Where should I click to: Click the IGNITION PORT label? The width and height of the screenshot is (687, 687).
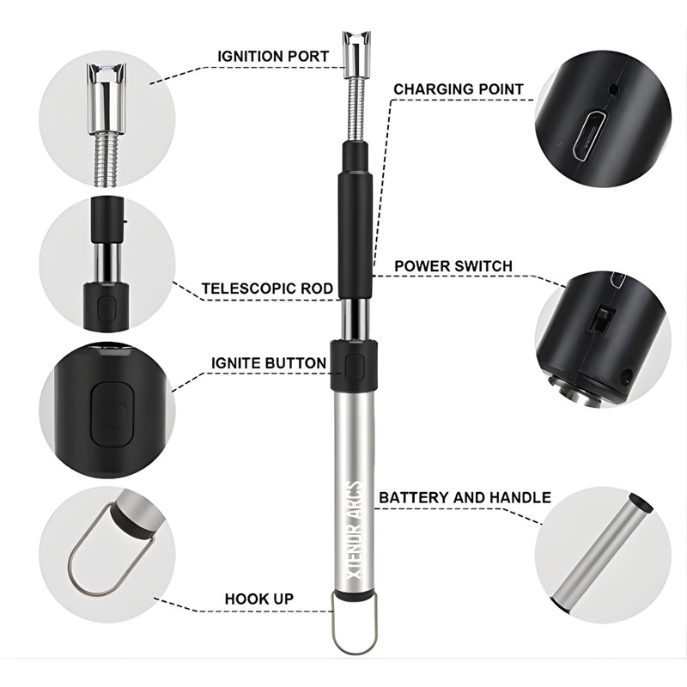coord(272,57)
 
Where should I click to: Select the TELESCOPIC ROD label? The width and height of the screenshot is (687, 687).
coord(267,289)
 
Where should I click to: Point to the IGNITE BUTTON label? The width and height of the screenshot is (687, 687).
coord(269,363)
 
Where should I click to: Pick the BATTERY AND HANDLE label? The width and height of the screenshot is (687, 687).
coord(465,497)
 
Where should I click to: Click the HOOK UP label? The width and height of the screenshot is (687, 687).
coord(259,598)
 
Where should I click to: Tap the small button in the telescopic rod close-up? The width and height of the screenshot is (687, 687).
coord(106,307)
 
